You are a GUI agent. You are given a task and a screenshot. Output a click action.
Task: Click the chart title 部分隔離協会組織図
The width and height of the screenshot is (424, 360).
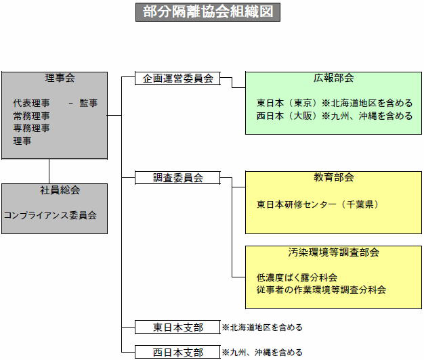pyautogui.click(x=207, y=12)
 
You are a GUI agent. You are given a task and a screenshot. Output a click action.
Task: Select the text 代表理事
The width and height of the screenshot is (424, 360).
pyautogui.click(x=31, y=103)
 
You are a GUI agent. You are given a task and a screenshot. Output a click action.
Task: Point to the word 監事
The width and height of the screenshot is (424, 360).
pyautogui.click(x=88, y=103)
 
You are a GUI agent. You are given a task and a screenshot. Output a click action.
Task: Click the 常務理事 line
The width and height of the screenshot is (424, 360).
pyautogui.click(x=31, y=116)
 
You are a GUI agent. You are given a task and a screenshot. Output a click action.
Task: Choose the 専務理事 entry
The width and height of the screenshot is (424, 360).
pyautogui.click(x=31, y=128)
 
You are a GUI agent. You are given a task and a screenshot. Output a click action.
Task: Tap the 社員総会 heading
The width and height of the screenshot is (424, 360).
pyautogui.click(x=54, y=190)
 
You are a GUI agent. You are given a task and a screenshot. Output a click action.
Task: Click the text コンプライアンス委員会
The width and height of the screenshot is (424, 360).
pyautogui.click(x=50, y=215)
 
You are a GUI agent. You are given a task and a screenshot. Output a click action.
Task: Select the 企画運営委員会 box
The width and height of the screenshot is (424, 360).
pyautogui.click(x=178, y=78)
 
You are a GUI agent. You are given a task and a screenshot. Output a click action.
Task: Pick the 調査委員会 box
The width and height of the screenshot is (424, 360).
pyautogui.click(x=178, y=178)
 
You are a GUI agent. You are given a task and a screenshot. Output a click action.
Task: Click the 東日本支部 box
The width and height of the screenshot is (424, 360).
pyautogui.click(x=178, y=328)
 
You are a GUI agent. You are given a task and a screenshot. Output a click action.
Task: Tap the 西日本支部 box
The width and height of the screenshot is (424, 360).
pyautogui.click(x=178, y=353)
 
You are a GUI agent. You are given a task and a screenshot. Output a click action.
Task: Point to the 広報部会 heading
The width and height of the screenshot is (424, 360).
pyautogui.click(x=333, y=78)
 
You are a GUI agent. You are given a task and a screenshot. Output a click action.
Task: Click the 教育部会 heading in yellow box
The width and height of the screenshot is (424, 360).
pyautogui.click(x=333, y=178)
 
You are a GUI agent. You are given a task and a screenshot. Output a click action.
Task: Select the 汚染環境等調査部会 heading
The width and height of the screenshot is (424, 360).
pyautogui.click(x=333, y=252)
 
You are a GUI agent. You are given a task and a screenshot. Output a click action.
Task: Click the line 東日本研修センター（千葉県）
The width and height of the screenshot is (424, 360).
pyautogui.click(x=317, y=204)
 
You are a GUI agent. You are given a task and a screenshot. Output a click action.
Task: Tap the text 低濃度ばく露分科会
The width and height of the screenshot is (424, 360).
pyautogui.click(x=297, y=277)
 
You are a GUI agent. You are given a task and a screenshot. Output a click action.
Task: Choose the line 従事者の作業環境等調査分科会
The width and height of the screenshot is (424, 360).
pyautogui.click(x=321, y=290)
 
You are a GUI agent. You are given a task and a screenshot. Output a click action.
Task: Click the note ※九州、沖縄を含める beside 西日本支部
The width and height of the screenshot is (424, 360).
pyautogui.click(x=262, y=353)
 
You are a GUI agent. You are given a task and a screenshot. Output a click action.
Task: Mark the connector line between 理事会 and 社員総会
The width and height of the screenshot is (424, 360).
pyautogui.click(x=49, y=171)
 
